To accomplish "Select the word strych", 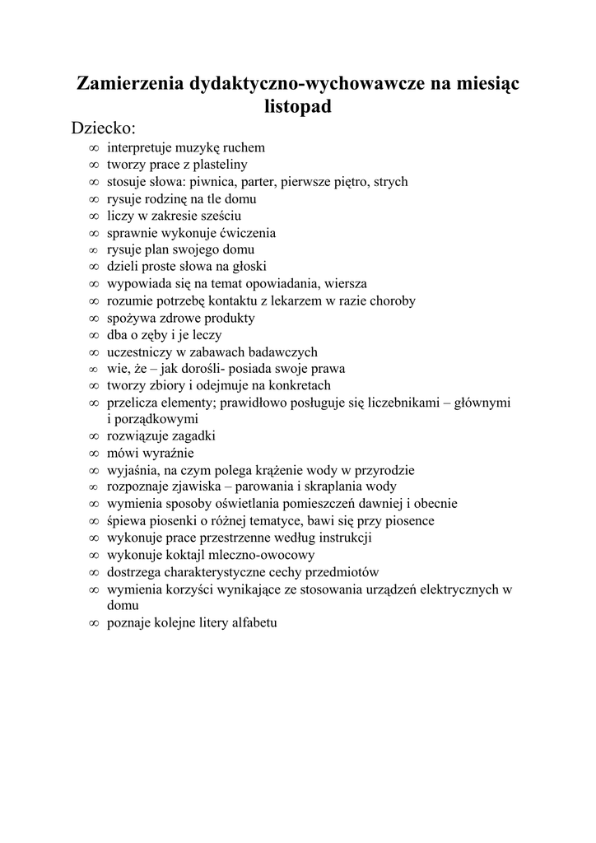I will pyautogui.click(x=390, y=182).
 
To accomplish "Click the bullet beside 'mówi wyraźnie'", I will pyautogui.click(x=92, y=454).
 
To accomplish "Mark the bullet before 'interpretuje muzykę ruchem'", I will pyautogui.click(x=92, y=148).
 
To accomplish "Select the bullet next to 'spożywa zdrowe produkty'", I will pyautogui.click(x=92, y=318).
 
